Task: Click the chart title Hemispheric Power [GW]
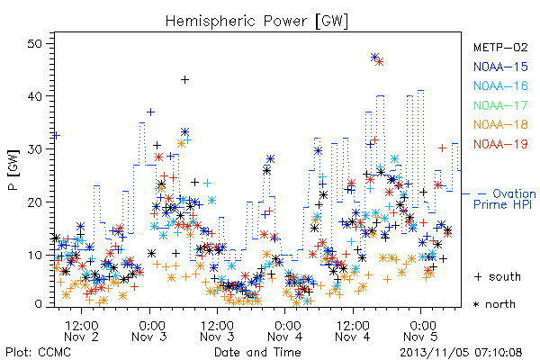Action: pos(256,21)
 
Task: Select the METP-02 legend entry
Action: pos(500,47)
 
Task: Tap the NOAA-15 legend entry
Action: pos(500,67)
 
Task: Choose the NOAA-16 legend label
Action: pos(500,85)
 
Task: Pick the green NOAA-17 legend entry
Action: pos(500,105)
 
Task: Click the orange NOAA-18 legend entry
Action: pos(500,124)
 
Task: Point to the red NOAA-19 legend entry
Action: pos(500,144)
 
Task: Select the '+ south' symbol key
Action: pos(498,276)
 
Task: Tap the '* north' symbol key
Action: pos(494,304)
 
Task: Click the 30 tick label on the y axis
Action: pos(34,149)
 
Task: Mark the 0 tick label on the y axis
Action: pos(38,304)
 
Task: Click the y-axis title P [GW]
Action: pos(13,170)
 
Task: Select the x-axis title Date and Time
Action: pos(257,352)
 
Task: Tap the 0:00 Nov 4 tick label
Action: pos(285,331)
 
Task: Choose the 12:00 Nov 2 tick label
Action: pos(82,331)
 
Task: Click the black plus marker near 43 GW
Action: pos(184,80)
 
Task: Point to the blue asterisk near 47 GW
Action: pos(374,58)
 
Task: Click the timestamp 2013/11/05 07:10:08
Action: pos(461,353)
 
